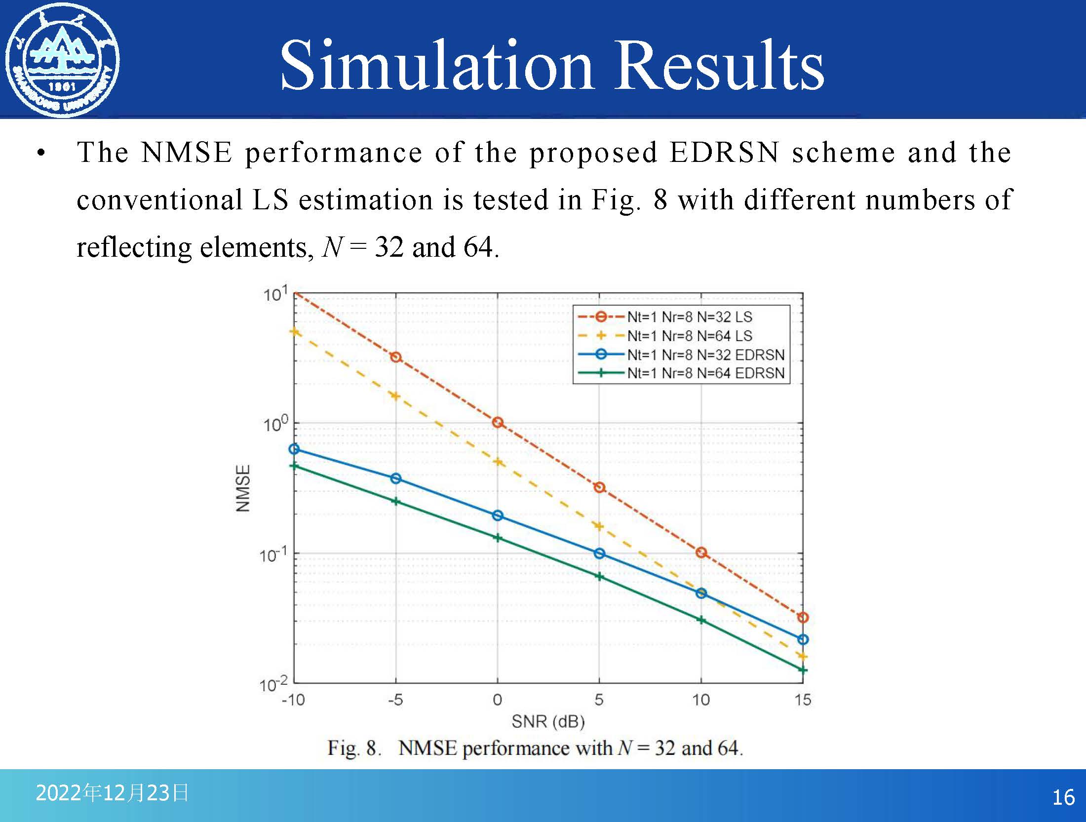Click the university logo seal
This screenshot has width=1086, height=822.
click(62, 59)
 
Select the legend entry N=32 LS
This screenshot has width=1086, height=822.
click(689, 317)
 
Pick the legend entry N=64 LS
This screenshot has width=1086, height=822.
click(689, 336)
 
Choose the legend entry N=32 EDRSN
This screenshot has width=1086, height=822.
click(705, 354)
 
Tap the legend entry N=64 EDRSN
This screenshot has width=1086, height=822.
click(705, 373)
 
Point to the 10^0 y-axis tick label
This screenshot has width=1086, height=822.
click(275, 424)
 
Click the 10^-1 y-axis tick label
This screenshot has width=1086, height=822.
click(273, 555)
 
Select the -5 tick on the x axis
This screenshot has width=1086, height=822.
click(395, 700)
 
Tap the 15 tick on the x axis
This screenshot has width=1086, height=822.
click(803, 700)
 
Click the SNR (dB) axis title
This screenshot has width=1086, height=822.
click(548, 722)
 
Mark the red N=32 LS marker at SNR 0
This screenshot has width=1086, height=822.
click(498, 423)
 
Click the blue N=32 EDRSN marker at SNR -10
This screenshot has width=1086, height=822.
click(294, 449)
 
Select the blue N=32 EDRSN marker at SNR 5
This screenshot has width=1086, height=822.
click(599, 553)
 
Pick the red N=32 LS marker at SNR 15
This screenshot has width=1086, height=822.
click(803, 618)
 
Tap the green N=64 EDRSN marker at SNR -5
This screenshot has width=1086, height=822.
click(395, 502)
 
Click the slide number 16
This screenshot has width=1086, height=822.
click(1063, 798)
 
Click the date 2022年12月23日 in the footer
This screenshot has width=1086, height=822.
click(112, 793)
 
